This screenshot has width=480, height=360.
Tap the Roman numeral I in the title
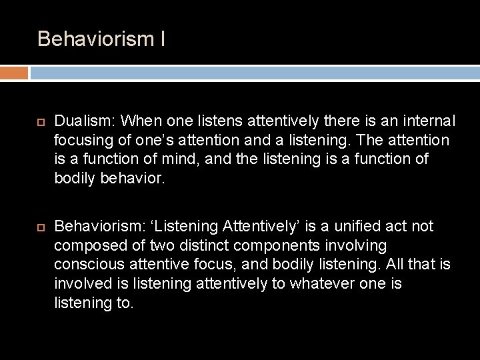click(163, 39)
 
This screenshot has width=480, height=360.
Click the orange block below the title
click(14, 73)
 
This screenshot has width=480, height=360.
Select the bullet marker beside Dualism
click(40, 122)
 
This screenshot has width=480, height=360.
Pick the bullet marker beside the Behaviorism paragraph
click(40, 227)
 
